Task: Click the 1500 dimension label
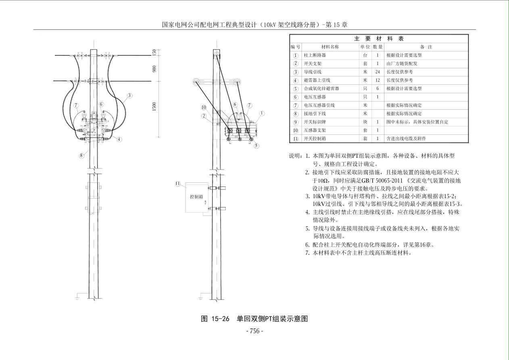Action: point(154,107)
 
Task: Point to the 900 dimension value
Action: point(154,69)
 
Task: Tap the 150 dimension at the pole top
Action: point(154,52)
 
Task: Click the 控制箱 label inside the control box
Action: point(196,197)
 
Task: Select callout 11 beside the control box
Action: point(178,184)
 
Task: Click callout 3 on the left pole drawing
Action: point(129,96)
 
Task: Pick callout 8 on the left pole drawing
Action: point(81,155)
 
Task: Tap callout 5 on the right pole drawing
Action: point(257,146)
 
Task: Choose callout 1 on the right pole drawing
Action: point(262,113)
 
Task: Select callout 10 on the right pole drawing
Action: point(204,107)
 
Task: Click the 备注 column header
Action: point(426,47)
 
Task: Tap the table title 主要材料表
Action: point(379,39)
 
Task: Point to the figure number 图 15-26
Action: point(215,319)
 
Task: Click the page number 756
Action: point(255,331)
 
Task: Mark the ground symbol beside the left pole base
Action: point(77,297)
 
